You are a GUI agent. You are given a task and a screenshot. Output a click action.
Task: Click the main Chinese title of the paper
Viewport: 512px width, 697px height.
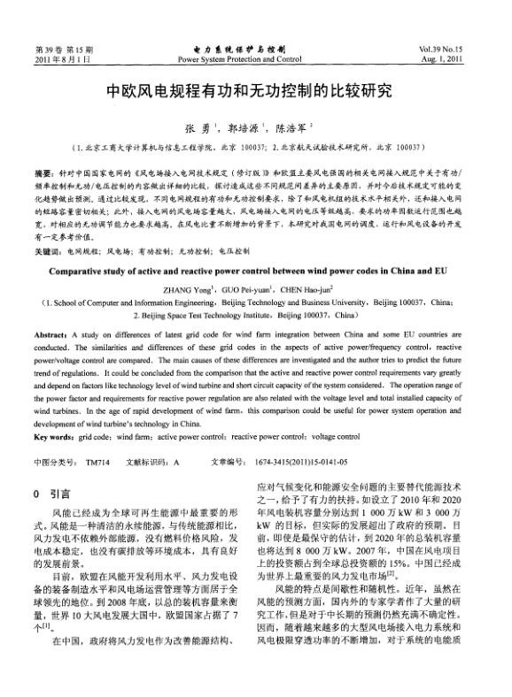pos(256,91)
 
